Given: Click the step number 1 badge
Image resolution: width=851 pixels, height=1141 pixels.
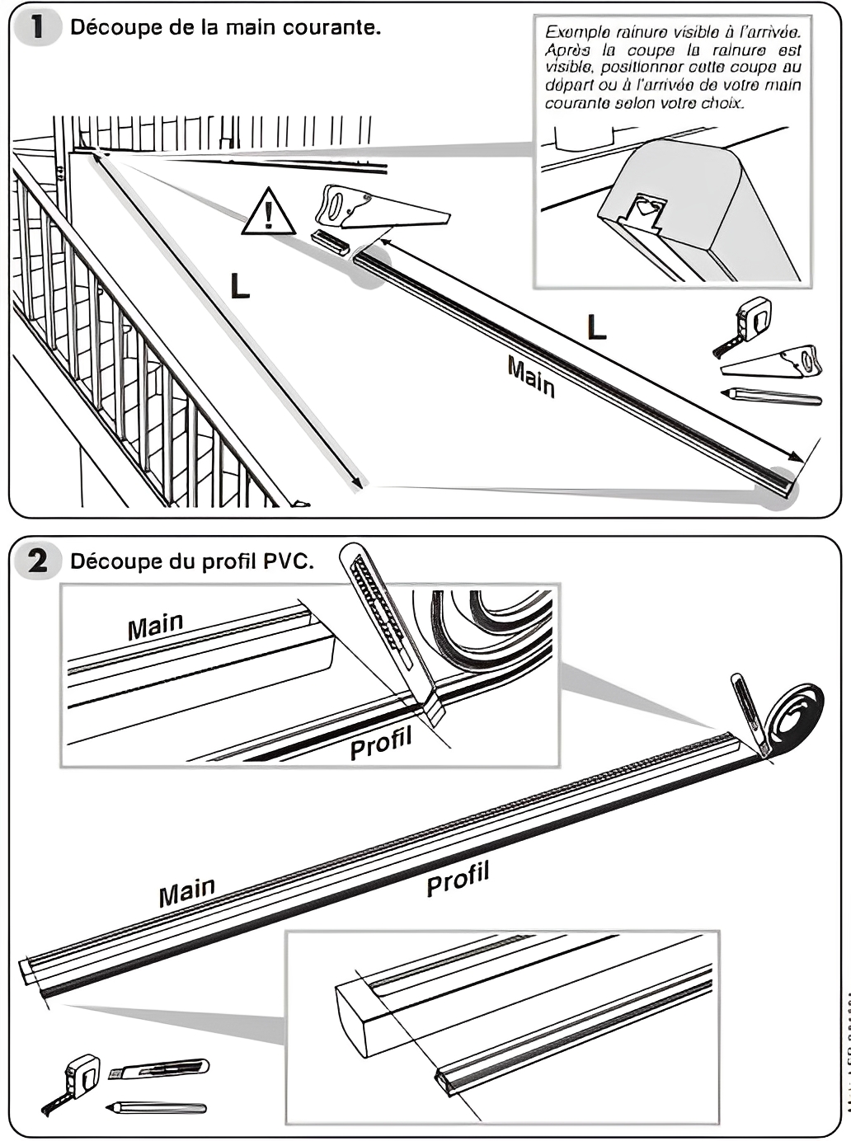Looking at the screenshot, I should pos(36,27).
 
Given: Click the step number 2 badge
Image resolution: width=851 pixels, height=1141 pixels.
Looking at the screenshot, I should pos(36,561).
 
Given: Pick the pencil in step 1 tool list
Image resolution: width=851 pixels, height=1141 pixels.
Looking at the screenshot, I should pos(771,397).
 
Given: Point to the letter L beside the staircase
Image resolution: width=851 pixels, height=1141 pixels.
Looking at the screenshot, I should pos(239,286).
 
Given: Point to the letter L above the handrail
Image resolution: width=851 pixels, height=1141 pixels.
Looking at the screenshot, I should pos(595,327).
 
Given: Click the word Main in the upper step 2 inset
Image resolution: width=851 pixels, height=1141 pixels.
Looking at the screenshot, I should pos(155,627).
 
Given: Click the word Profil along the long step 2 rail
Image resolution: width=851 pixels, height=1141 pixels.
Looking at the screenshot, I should pos(458,878).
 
